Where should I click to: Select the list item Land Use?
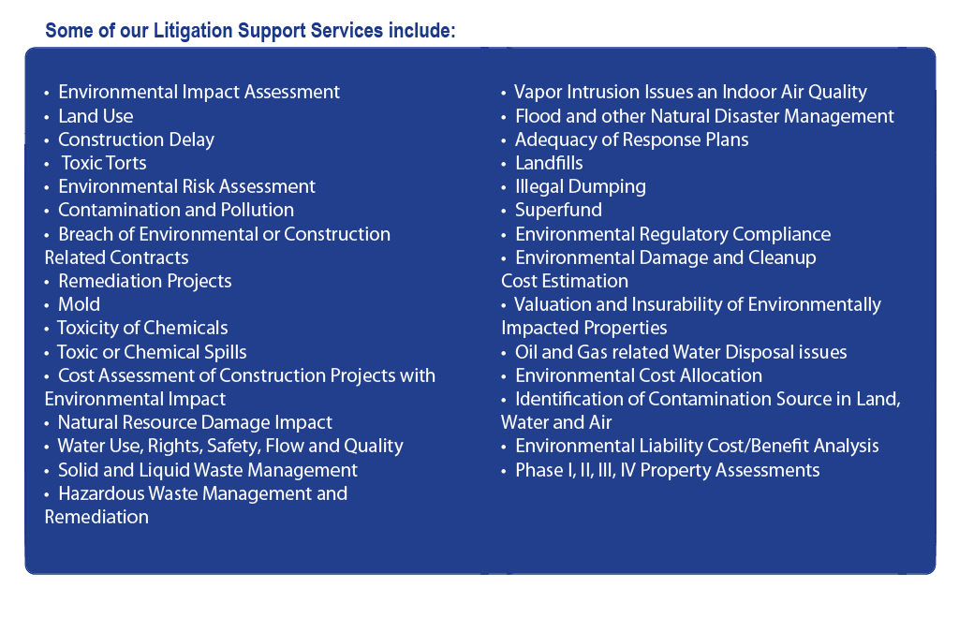coord(96,116)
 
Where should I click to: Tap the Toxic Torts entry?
coord(104,163)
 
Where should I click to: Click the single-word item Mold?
coord(79,304)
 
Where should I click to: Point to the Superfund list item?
coord(558,211)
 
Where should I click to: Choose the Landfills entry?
coord(549,163)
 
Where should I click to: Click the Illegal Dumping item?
coord(581,187)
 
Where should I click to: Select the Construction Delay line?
coord(136,140)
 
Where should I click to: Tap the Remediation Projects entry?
coord(145,281)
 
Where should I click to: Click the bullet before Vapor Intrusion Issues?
coord(503,94)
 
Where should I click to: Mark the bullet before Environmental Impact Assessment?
coord(47,94)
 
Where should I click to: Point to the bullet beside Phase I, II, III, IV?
coord(503,472)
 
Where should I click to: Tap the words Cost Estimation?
coord(565,281)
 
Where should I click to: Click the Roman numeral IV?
coord(627,470)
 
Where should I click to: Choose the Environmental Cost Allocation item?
coord(639,375)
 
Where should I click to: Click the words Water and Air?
coord(556,422)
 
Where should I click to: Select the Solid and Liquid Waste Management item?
coord(207,470)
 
